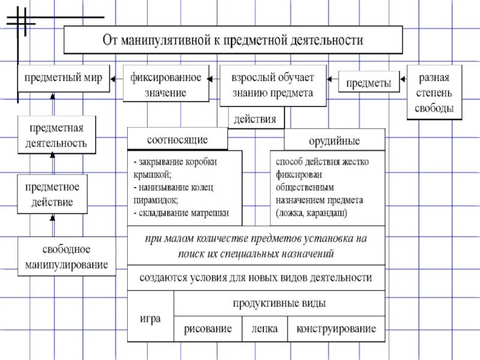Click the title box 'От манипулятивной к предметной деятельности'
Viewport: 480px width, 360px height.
233,41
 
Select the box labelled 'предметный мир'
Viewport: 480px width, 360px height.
63,78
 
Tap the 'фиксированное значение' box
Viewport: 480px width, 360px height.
166,85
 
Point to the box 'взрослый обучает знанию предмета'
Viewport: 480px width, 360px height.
272,85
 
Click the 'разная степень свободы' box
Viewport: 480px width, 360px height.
434,93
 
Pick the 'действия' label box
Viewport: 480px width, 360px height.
255,118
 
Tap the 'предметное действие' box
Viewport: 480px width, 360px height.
52,194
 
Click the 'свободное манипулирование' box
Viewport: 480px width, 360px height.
67,256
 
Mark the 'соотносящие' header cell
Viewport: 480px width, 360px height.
177,140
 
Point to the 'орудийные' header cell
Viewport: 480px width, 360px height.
334,141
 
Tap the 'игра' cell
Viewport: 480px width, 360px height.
151,318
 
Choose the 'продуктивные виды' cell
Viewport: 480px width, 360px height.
280,303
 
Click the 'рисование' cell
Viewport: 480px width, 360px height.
208,329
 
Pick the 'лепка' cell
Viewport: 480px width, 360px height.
265,329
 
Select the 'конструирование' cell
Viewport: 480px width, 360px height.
336,329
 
